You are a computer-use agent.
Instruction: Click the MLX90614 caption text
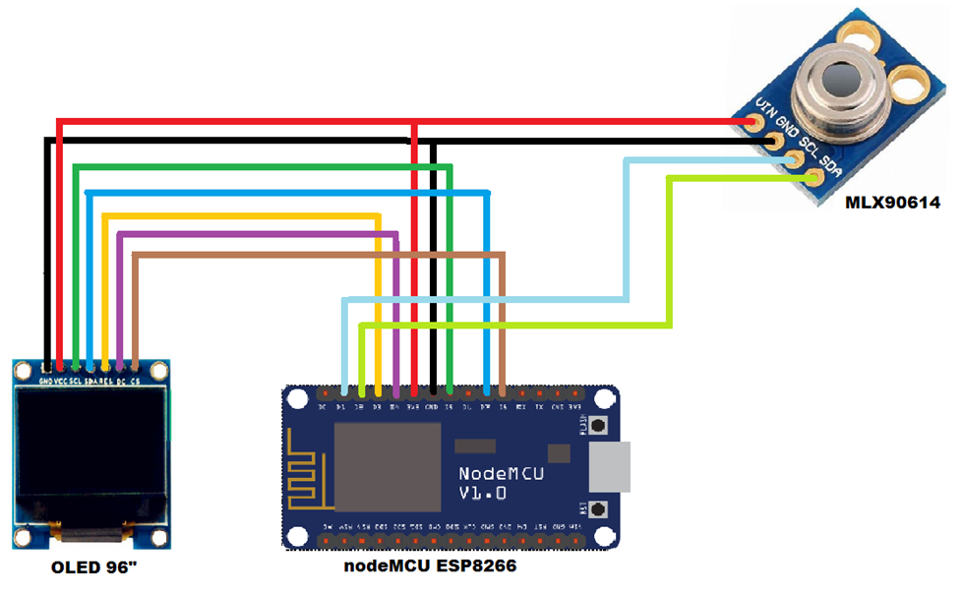pyautogui.click(x=892, y=204)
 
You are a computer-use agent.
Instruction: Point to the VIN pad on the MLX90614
pyautogui.click(x=753, y=121)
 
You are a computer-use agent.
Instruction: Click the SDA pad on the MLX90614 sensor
pyautogui.click(x=813, y=177)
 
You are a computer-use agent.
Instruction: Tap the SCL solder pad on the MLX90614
pyautogui.click(x=794, y=158)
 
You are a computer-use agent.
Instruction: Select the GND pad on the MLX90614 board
pyautogui.click(x=774, y=141)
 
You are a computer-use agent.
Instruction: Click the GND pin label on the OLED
pyautogui.click(x=45, y=380)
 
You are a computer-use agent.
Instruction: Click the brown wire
pyautogui.click(x=315, y=256)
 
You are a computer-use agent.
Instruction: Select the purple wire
pyautogui.click(x=256, y=234)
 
